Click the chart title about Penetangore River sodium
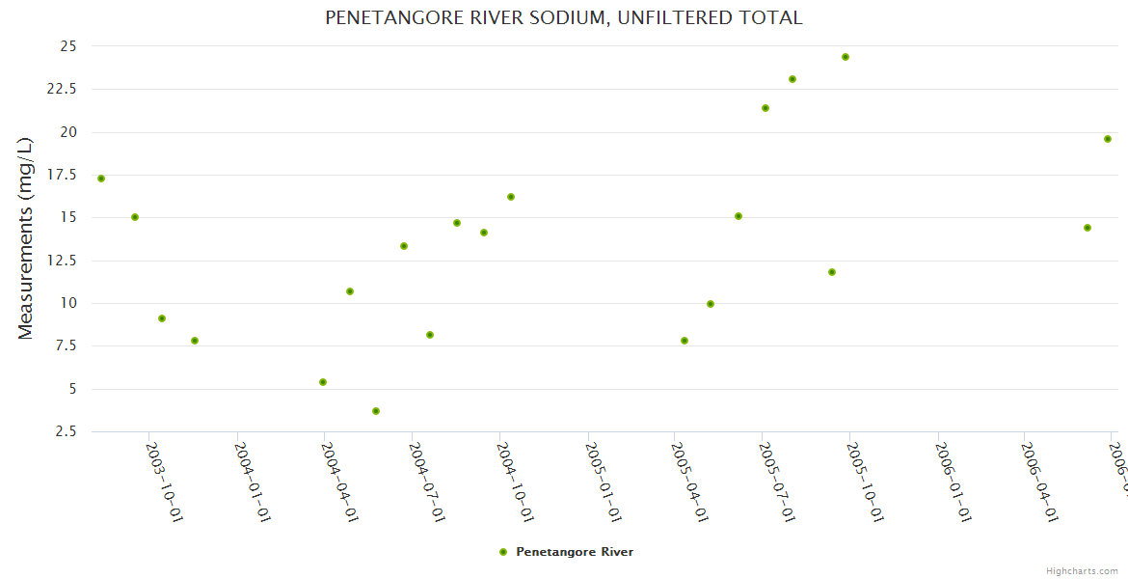coord(563,17)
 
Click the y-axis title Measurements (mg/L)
coord(26,238)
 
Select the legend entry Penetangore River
coord(574,552)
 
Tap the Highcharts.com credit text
coord(1082,571)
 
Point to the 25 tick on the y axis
coord(67,46)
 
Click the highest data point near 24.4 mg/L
coord(846,57)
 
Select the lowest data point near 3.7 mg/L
coord(376,411)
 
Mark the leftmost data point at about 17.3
coord(101,179)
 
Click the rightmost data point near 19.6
coord(1108,139)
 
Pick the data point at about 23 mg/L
coord(792,79)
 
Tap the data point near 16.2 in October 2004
coord(511,197)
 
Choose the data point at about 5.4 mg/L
coord(323,382)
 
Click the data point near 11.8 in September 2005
coord(832,272)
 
